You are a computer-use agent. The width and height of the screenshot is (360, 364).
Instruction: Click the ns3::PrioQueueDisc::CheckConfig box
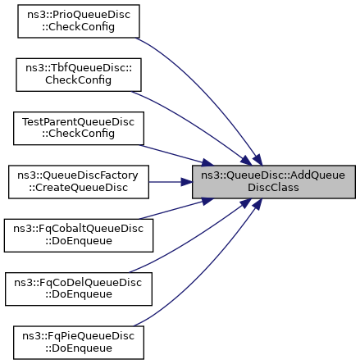(79, 21)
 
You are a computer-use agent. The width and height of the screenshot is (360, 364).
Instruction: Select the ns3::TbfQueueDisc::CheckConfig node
(79, 75)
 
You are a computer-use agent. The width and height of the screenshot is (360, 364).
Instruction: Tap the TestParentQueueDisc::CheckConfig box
(79, 128)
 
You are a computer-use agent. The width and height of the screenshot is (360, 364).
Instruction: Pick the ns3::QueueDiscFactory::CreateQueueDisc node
(79, 182)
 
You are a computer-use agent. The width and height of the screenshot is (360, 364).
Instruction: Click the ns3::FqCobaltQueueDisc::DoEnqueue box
(79, 235)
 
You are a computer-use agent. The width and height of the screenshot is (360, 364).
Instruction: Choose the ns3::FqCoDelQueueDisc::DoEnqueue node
(79, 289)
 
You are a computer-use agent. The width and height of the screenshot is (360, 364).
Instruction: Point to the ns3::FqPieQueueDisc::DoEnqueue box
(79, 343)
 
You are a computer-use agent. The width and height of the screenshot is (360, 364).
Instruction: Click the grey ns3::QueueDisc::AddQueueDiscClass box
(274, 182)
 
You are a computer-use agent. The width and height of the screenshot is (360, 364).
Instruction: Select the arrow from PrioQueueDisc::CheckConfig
(207, 90)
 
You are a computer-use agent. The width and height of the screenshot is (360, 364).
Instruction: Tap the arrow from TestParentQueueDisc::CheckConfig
(176, 155)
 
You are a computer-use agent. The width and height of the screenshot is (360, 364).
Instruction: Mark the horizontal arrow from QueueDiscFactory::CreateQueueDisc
(171, 182)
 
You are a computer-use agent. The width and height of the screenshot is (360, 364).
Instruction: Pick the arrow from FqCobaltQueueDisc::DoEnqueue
(176, 208)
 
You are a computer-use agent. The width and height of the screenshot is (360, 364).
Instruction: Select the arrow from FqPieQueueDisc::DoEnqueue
(207, 273)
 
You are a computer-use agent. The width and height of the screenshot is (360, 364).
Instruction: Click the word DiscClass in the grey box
(273, 188)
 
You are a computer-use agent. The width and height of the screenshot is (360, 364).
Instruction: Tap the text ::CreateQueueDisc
(79, 188)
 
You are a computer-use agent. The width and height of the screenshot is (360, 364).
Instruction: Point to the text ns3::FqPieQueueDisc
(79, 336)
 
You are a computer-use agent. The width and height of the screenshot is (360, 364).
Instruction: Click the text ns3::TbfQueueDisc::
(79, 69)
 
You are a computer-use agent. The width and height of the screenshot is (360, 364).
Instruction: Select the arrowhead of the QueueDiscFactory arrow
(186, 182)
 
